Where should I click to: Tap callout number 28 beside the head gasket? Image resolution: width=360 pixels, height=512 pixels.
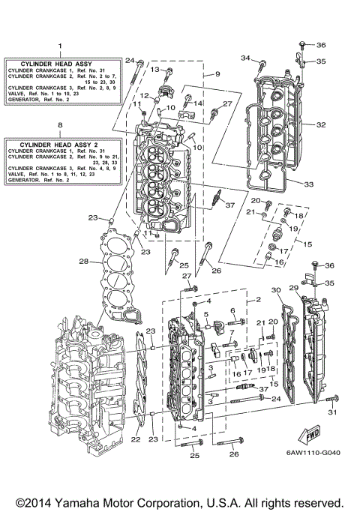(84, 262)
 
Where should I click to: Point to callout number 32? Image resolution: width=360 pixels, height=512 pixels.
(322, 125)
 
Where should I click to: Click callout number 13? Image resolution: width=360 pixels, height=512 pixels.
(156, 69)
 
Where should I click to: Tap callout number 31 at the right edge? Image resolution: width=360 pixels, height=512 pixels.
(333, 412)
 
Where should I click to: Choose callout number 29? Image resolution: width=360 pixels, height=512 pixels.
(293, 289)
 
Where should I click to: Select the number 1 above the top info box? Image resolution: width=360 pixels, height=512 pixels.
(60, 46)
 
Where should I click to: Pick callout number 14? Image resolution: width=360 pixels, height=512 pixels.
(198, 103)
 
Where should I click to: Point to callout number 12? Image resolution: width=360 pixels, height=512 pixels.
(147, 96)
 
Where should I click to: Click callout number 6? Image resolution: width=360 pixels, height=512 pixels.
(233, 310)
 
